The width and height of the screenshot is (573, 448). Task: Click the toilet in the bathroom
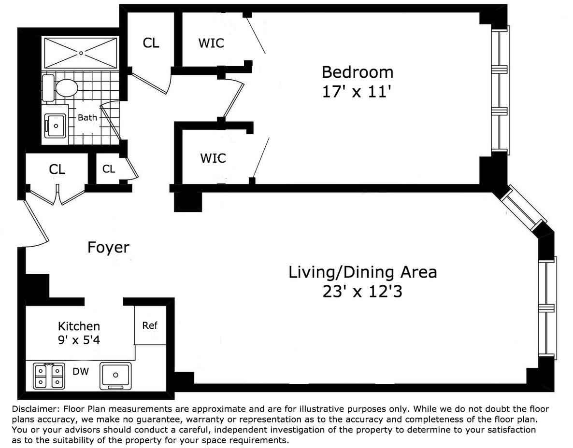pos(60,88)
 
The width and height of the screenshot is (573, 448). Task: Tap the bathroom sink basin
pos(55,126)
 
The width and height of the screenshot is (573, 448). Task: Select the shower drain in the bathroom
pos(81,53)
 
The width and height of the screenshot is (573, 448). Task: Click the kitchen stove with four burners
pos(49,376)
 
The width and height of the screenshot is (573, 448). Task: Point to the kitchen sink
pos(115,376)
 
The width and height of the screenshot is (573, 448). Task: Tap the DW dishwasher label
pos(81,371)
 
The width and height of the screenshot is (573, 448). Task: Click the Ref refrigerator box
pos(150,325)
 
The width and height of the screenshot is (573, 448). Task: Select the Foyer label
pos(108,247)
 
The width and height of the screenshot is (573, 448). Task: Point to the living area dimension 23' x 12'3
pos(362,292)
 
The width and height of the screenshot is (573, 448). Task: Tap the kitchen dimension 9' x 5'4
pos(79,340)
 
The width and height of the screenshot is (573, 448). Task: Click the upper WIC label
pos(211,43)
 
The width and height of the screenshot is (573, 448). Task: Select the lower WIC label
pos(213,158)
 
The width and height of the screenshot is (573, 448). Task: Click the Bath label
pos(87,118)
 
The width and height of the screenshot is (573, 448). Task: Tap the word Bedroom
pos(358,72)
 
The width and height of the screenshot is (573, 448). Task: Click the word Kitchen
pos(79,326)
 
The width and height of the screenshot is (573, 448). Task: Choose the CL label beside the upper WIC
pos(151,43)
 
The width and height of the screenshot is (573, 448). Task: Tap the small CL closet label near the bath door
pos(109,169)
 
